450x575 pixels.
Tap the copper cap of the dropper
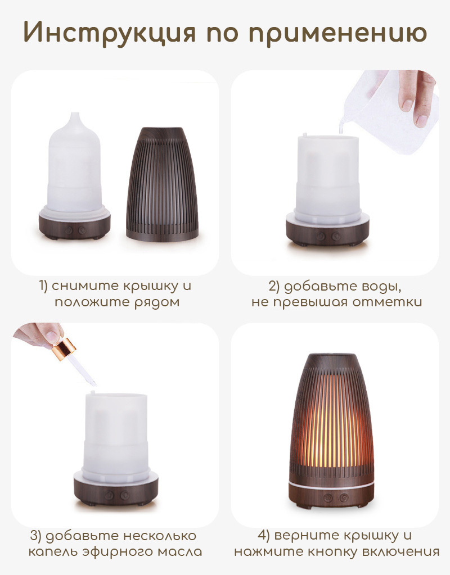64,348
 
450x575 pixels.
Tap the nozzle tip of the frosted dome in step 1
74,115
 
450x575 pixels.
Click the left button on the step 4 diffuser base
328,497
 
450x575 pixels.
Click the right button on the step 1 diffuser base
82,230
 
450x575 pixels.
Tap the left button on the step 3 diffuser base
109,495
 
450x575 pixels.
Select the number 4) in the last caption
263,536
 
